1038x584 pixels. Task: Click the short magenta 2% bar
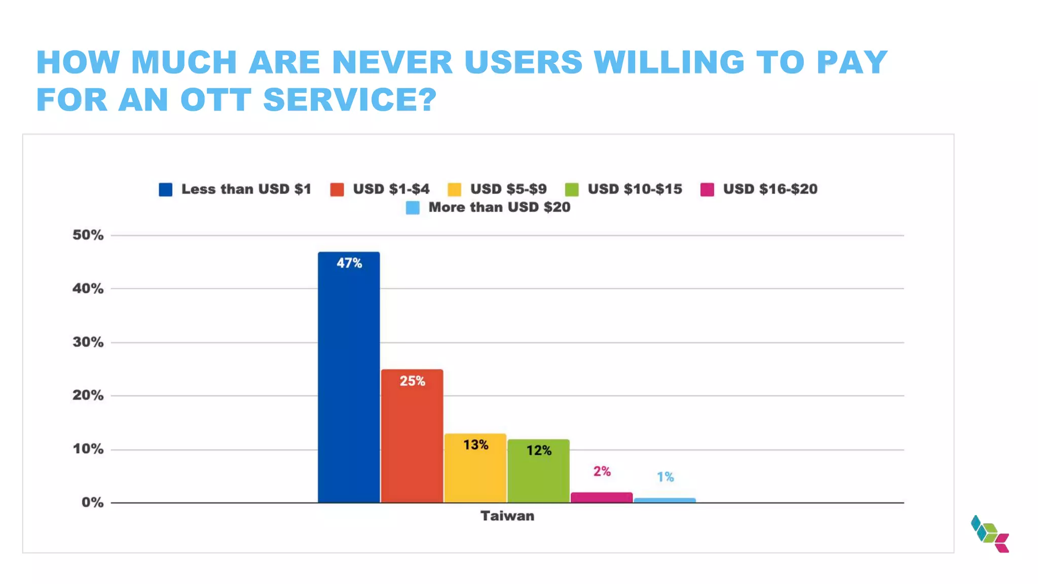(x=602, y=497)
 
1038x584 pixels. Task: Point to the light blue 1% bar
(x=664, y=500)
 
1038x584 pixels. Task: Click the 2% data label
(x=602, y=471)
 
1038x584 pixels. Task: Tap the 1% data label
(x=665, y=477)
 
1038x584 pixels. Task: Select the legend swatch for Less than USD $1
(x=166, y=190)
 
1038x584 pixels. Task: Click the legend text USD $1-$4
(x=391, y=189)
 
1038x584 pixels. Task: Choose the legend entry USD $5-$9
(x=508, y=189)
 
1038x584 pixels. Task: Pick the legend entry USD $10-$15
(x=635, y=189)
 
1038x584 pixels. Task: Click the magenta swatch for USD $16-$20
(x=707, y=190)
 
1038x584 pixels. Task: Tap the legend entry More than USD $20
(x=499, y=207)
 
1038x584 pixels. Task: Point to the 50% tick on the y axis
(x=88, y=235)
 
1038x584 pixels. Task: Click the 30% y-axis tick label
(x=88, y=342)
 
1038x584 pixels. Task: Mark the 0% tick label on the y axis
(x=92, y=502)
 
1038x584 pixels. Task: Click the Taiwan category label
(x=507, y=516)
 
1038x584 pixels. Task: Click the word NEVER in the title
(x=392, y=62)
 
